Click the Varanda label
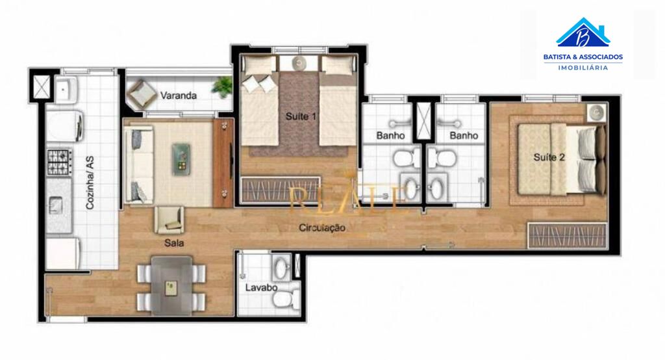click(179, 96)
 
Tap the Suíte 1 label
click(301, 117)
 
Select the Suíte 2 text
click(549, 157)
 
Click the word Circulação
click(322, 227)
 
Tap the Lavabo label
click(261, 287)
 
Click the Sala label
click(174, 243)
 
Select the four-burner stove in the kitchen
click(59, 161)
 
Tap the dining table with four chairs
click(171, 285)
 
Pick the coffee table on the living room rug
click(182, 158)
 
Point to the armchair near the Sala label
click(169, 220)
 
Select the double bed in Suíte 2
click(558, 159)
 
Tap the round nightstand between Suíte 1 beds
click(299, 63)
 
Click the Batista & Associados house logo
click(583, 32)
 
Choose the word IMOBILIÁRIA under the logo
click(583, 68)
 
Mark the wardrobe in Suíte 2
click(567, 235)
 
